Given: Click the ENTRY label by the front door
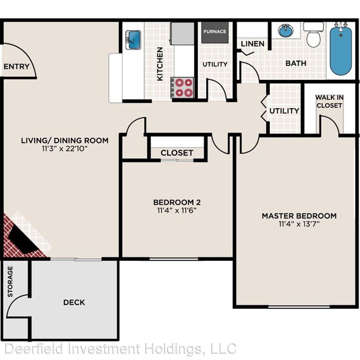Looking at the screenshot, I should click(x=16, y=66).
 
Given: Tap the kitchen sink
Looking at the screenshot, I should click(x=133, y=40).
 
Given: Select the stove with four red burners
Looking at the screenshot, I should click(x=184, y=87).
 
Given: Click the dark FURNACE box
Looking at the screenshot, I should click(x=215, y=32).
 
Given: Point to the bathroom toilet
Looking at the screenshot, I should click(x=313, y=36).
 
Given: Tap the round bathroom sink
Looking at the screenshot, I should click(x=286, y=30).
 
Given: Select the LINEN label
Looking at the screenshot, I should click(x=252, y=44).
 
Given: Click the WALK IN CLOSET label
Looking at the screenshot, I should click(x=329, y=102).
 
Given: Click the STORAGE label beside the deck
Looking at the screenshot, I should click(x=10, y=282).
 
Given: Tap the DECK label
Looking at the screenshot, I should click(x=74, y=302).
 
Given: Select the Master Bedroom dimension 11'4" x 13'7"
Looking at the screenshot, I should click(x=299, y=224).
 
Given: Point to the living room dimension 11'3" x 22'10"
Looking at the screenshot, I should click(x=65, y=148).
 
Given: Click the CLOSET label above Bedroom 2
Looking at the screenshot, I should click(x=177, y=153).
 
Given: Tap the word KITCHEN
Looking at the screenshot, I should click(x=160, y=64).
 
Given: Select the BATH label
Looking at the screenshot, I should click(x=296, y=63).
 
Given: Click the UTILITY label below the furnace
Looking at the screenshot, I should click(x=215, y=64).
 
